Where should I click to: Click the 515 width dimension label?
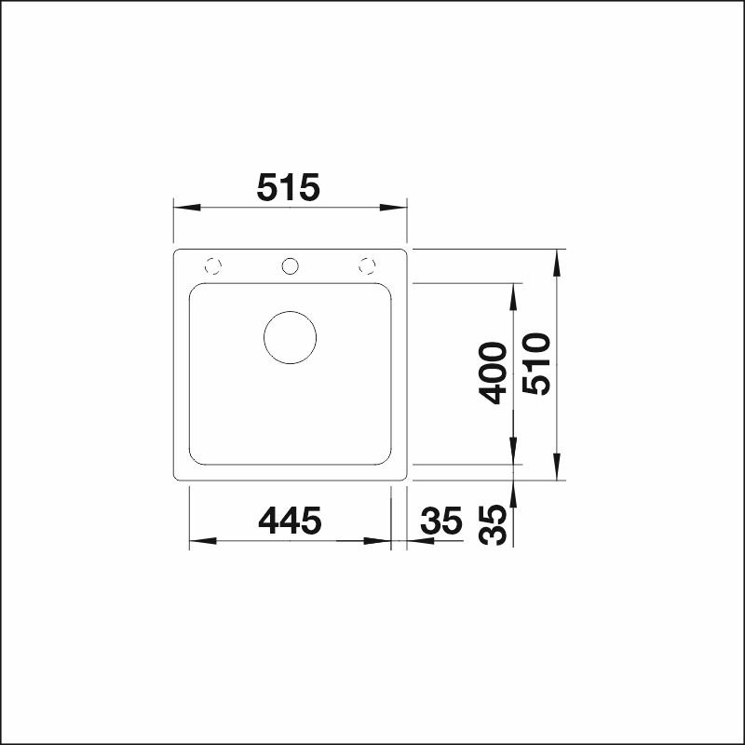(289, 187)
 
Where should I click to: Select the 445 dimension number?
(290, 521)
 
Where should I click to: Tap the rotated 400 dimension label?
(493, 373)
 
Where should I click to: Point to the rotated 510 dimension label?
(536, 364)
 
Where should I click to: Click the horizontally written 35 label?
(441, 521)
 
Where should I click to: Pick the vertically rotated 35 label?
(493, 524)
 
